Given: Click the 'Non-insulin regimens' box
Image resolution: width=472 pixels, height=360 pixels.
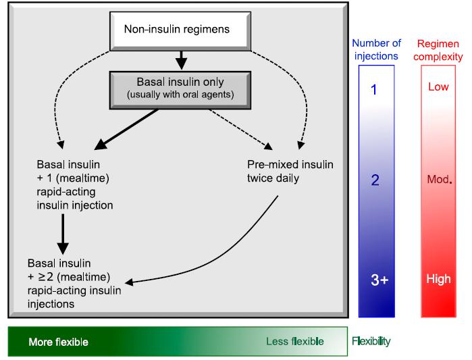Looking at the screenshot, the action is point(180,31).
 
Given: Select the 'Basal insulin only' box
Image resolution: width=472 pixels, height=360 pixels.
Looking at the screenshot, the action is point(180,90).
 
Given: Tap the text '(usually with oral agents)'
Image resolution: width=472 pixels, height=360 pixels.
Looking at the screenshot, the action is point(180,95).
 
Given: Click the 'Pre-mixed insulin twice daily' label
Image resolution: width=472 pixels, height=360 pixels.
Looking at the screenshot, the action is point(290,172).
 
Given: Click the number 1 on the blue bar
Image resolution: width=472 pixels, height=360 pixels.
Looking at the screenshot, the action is point(374,90).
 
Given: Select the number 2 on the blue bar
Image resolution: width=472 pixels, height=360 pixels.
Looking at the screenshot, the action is point(375,180).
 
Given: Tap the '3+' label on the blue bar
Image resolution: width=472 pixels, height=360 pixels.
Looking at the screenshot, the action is point(379,280).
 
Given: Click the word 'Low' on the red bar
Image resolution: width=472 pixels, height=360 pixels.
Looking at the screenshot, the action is point(438,86).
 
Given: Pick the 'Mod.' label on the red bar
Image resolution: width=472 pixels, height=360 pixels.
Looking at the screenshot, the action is point(440,180).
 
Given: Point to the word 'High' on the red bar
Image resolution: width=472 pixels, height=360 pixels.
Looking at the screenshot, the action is point(439,279).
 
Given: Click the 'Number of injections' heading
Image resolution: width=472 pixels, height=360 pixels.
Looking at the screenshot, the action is point(376,50).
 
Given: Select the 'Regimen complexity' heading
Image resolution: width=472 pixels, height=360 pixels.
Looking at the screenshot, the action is point(438,50).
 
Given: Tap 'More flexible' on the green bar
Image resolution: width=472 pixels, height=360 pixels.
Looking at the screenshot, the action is point(58,342).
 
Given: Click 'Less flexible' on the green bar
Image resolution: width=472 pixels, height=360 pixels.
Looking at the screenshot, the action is point(295,341).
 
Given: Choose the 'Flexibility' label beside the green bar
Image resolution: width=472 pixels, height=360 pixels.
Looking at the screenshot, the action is point(371,341).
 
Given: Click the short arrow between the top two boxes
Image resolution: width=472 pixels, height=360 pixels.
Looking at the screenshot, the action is point(181,60).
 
